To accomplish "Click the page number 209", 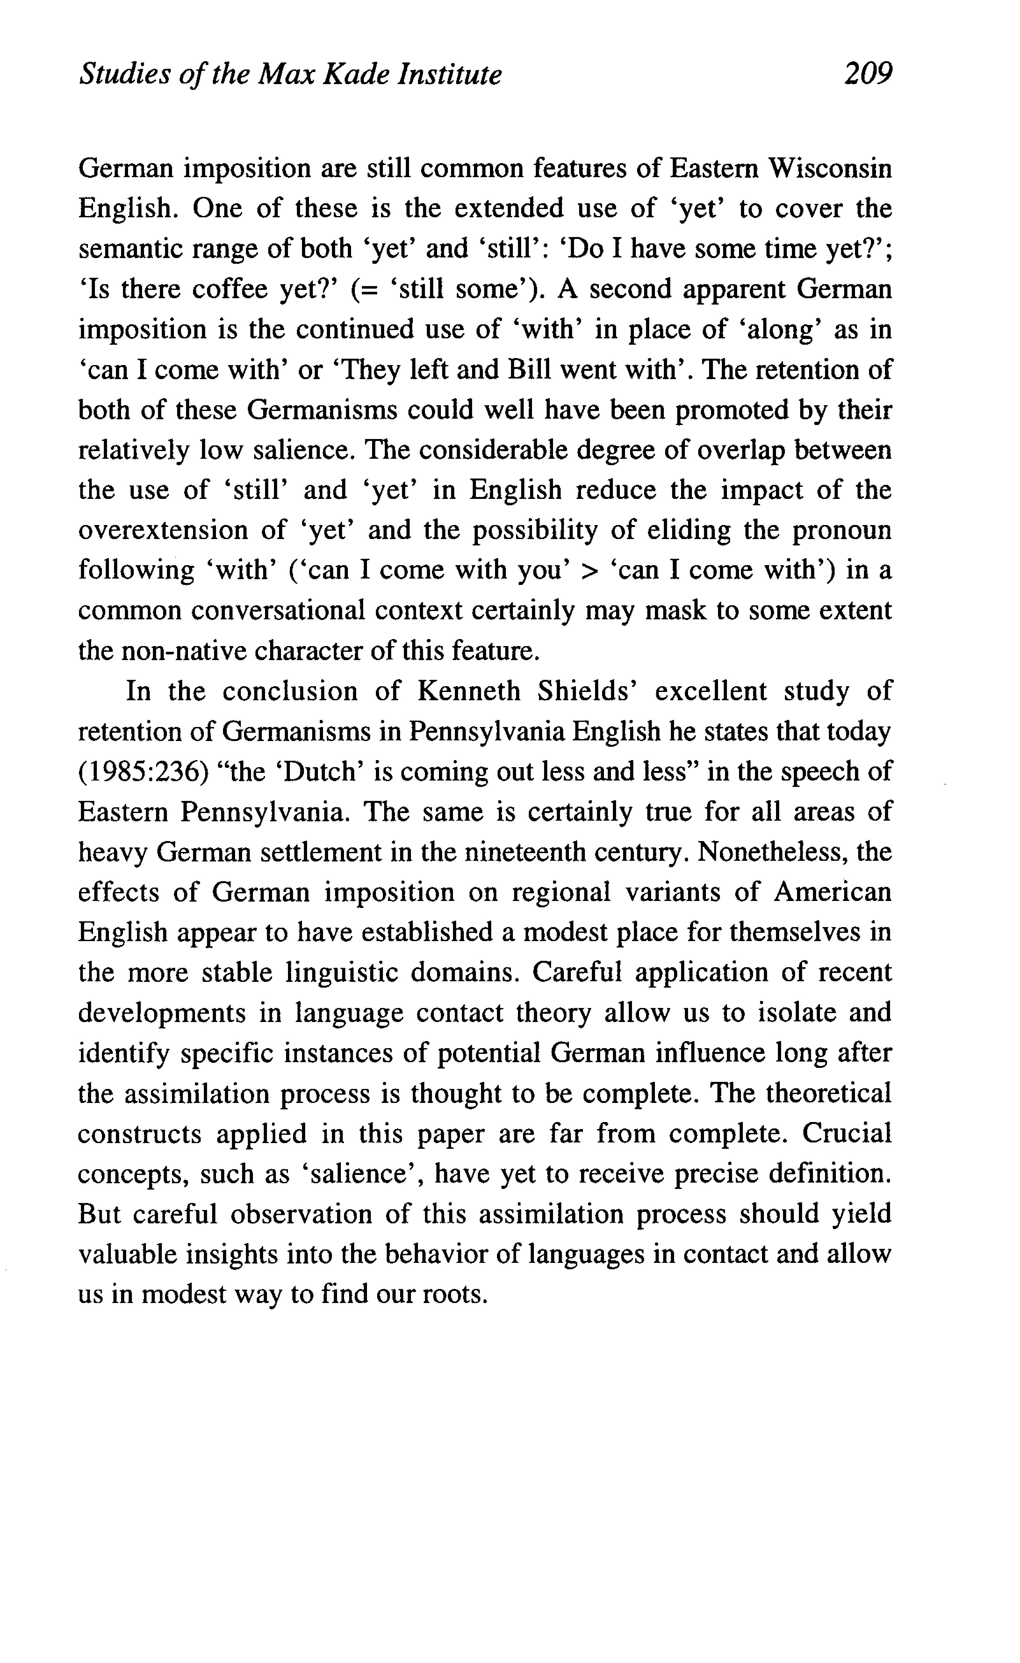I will [867, 73].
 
